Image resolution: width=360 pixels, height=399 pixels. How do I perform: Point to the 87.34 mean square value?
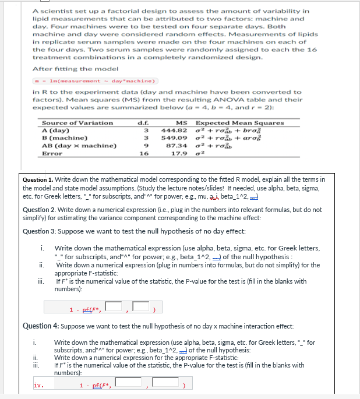pyautogui.click(x=176, y=145)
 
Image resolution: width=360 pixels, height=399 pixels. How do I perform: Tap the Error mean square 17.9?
pyautogui.click(x=178, y=153)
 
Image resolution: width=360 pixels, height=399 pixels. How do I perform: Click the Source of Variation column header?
pyautogui.click(x=77, y=122)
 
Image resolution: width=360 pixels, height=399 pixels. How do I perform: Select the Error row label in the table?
pyautogui.click(x=52, y=153)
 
